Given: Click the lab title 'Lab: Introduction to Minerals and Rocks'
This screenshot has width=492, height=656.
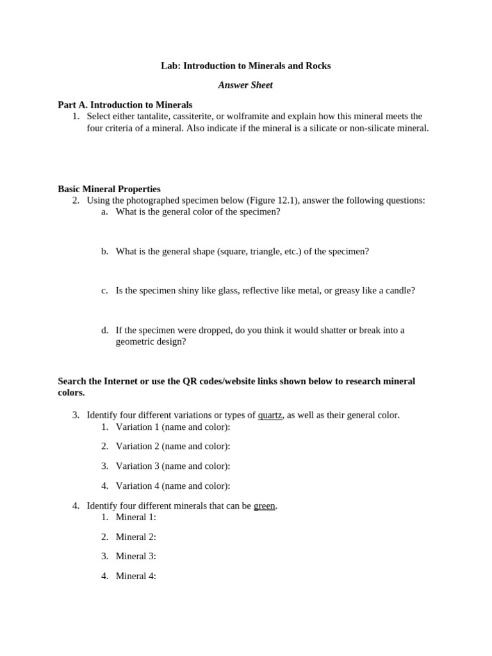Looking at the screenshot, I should tap(245, 66).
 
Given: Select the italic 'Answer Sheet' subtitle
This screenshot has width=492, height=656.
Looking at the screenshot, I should tap(245, 85).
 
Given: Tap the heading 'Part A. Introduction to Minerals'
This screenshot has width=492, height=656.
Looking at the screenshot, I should tap(125, 105).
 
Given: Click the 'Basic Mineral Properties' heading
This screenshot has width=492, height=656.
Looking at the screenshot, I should tap(109, 189).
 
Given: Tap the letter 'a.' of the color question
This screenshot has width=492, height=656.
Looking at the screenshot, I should tap(104, 212).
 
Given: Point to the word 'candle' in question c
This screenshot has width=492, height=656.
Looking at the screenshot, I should tap(398, 291).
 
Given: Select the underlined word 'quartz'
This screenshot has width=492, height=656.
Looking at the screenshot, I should tap(270, 415).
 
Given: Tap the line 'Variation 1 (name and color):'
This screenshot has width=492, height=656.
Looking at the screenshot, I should tap(172, 427).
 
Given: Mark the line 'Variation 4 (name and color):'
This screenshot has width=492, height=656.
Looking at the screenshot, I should tap(172, 486).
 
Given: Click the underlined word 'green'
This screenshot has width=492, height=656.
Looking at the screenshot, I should tap(264, 506).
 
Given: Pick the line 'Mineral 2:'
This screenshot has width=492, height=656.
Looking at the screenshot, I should tap(136, 537).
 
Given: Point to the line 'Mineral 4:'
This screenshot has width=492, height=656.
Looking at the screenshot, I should tap(136, 577).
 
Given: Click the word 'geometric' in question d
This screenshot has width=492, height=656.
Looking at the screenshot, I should tap(135, 342).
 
